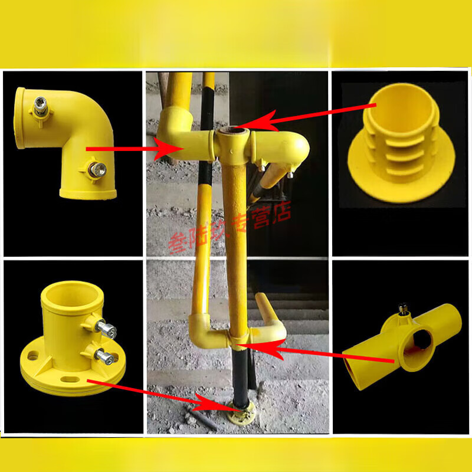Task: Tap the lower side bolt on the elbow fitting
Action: pyautogui.click(x=94, y=169)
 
